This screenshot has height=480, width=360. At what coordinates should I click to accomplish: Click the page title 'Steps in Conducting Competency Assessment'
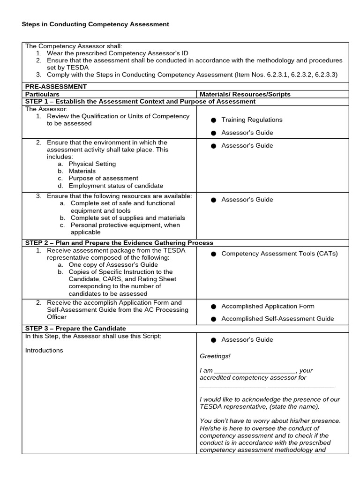[96, 24]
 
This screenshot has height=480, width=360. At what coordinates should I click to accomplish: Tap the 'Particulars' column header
[42, 94]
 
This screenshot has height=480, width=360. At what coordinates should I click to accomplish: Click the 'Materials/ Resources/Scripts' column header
[245, 94]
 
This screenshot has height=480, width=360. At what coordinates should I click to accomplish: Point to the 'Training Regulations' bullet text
[252, 120]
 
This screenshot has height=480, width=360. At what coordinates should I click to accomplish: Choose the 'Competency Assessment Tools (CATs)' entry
[279, 254]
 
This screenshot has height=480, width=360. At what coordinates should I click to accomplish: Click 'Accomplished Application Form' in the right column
[268, 306]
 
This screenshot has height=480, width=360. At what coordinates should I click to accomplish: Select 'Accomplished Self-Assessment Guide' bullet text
[277, 319]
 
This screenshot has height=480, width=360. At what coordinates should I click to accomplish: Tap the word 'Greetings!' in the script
[215, 356]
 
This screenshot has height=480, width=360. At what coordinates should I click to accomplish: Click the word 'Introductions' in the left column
[44, 350]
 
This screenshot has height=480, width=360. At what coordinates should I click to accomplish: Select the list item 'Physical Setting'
[92, 164]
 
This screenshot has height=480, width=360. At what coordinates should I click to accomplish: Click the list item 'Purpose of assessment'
[103, 178]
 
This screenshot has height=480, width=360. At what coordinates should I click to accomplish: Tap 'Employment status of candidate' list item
[116, 186]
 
